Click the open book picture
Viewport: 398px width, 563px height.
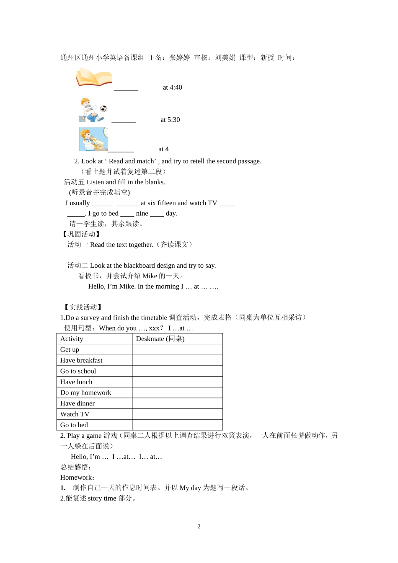94,77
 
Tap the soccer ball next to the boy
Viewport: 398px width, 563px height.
103,108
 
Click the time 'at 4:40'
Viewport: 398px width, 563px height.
172,88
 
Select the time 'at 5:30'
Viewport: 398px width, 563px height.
170,120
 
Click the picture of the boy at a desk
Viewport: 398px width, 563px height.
93,139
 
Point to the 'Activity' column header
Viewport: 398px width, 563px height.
72,339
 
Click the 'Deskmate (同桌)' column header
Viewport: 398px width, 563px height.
160,339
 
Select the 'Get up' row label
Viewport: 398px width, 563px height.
70,350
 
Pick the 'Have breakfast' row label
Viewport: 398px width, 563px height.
81,361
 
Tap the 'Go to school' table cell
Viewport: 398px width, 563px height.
78,371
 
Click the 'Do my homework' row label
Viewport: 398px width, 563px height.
85,393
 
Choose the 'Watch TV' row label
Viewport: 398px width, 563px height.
75,414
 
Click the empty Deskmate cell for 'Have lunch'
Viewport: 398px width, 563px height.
177,382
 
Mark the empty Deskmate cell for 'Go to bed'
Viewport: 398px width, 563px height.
177,425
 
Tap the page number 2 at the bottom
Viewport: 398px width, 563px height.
199,527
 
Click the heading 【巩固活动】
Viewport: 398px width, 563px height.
81,235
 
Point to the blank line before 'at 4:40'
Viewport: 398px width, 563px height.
126,88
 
